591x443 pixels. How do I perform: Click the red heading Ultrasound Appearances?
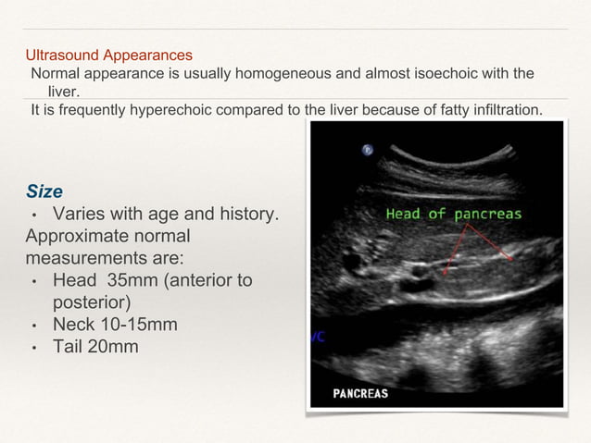point(108,55)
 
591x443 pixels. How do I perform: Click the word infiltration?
point(504,111)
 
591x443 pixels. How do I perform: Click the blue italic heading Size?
point(44,191)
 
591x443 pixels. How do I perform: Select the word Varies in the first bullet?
point(83,215)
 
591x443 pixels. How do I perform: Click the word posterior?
point(90,302)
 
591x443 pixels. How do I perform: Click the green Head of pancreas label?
point(453,214)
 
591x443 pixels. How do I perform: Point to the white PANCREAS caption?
point(360,393)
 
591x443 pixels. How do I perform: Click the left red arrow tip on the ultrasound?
point(446,274)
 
